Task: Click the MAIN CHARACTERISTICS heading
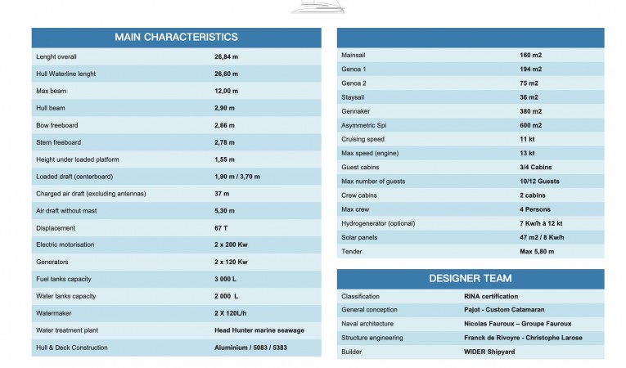pyautogui.click(x=176, y=37)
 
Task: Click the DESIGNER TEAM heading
pyautogui.click(x=470, y=278)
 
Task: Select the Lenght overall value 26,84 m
pyautogui.click(x=226, y=57)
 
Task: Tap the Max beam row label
pyautogui.click(x=51, y=91)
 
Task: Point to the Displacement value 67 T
pyautogui.click(x=222, y=228)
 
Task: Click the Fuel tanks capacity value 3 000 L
pyautogui.click(x=225, y=279)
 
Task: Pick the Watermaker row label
pyautogui.click(x=55, y=313)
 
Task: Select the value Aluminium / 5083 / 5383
pyautogui.click(x=250, y=348)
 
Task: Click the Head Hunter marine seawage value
pyautogui.click(x=259, y=330)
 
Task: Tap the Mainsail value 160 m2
pyautogui.click(x=530, y=55)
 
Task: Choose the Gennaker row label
pyautogui.click(x=357, y=111)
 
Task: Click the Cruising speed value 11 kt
pyautogui.click(x=527, y=139)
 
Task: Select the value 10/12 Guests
pyautogui.click(x=539, y=182)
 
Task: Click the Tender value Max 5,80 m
pyautogui.click(x=537, y=251)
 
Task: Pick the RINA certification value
pyautogui.click(x=485, y=296)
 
